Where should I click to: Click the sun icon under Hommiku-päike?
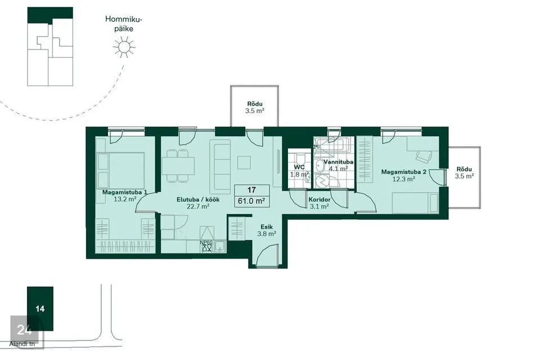(x=124, y=47)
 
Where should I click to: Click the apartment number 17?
(x=251, y=190)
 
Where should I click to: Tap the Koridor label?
(x=319, y=200)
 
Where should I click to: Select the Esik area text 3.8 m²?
(x=267, y=234)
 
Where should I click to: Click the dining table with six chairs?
(x=178, y=165)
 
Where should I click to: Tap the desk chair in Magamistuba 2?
(x=424, y=156)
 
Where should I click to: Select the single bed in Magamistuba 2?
(x=415, y=202)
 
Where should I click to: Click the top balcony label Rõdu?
(x=255, y=104)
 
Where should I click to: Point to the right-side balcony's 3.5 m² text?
(x=464, y=176)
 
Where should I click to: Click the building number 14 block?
(x=40, y=309)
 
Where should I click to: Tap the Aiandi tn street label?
(x=22, y=344)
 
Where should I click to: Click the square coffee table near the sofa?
(x=244, y=163)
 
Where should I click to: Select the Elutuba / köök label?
(x=198, y=200)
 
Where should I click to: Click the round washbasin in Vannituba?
(x=320, y=165)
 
